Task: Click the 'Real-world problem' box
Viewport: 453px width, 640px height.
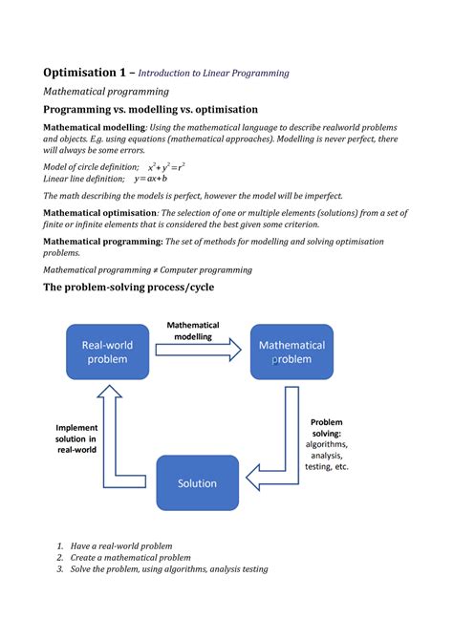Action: coord(107,352)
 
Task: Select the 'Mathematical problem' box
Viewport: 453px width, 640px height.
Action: coord(291,352)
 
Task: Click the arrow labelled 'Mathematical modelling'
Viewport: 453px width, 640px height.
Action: coord(199,350)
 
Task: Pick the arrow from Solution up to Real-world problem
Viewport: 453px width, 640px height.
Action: coord(107,430)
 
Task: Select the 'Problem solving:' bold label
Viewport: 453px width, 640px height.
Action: coord(326,427)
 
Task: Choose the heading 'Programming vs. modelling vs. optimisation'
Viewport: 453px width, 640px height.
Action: coord(150,110)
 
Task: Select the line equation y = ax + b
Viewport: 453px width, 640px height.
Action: coord(151,178)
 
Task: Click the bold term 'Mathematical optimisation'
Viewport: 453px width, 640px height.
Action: coord(100,212)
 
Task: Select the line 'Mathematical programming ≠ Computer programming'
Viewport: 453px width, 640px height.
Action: coord(148,270)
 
